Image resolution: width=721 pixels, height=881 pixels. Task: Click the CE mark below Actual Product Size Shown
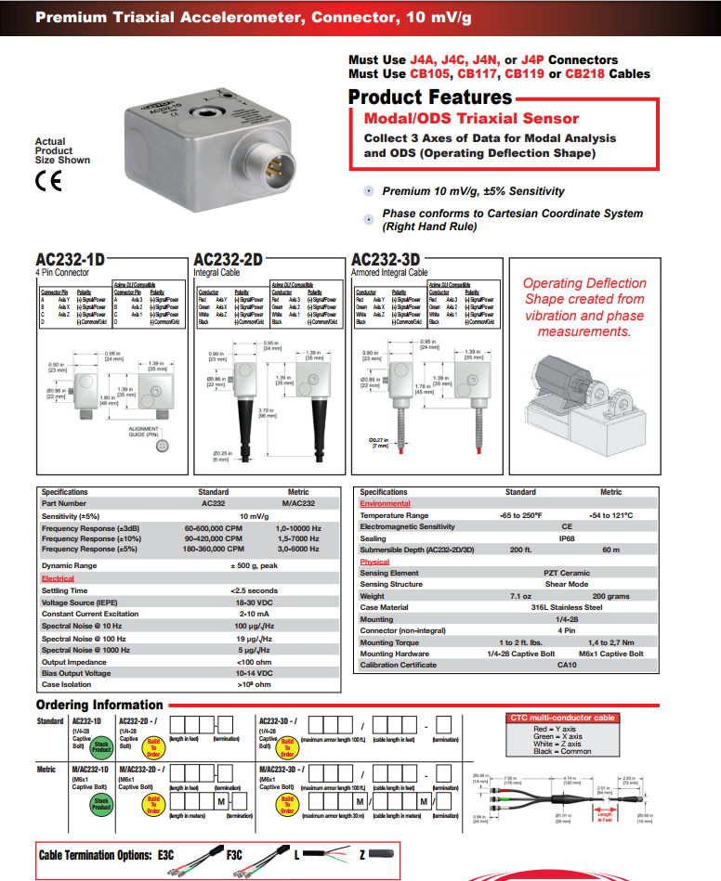pos(47,180)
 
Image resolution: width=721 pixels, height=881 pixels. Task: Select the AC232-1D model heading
pos(71,260)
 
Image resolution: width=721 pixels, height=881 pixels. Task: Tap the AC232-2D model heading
pos(228,260)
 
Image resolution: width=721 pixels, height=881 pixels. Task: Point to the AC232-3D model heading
pos(386,260)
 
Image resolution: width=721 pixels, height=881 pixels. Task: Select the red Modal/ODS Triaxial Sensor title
pos(470,118)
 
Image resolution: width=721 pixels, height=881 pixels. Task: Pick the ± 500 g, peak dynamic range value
pos(255,565)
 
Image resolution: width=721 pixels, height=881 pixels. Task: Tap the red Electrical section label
pos(58,578)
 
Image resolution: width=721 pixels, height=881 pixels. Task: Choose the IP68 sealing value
pos(566,538)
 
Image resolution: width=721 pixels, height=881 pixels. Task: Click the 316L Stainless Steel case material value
pos(567,607)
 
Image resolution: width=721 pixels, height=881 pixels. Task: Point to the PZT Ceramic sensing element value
pos(567,573)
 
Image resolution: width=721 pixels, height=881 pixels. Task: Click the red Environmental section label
pos(386,503)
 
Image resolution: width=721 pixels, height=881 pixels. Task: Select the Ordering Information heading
pos(99,705)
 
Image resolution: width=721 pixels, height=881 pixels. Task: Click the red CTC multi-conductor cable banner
pos(561,718)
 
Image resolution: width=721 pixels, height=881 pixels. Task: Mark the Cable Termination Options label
pos(96,854)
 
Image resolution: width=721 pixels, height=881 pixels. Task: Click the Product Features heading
pos(429,97)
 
